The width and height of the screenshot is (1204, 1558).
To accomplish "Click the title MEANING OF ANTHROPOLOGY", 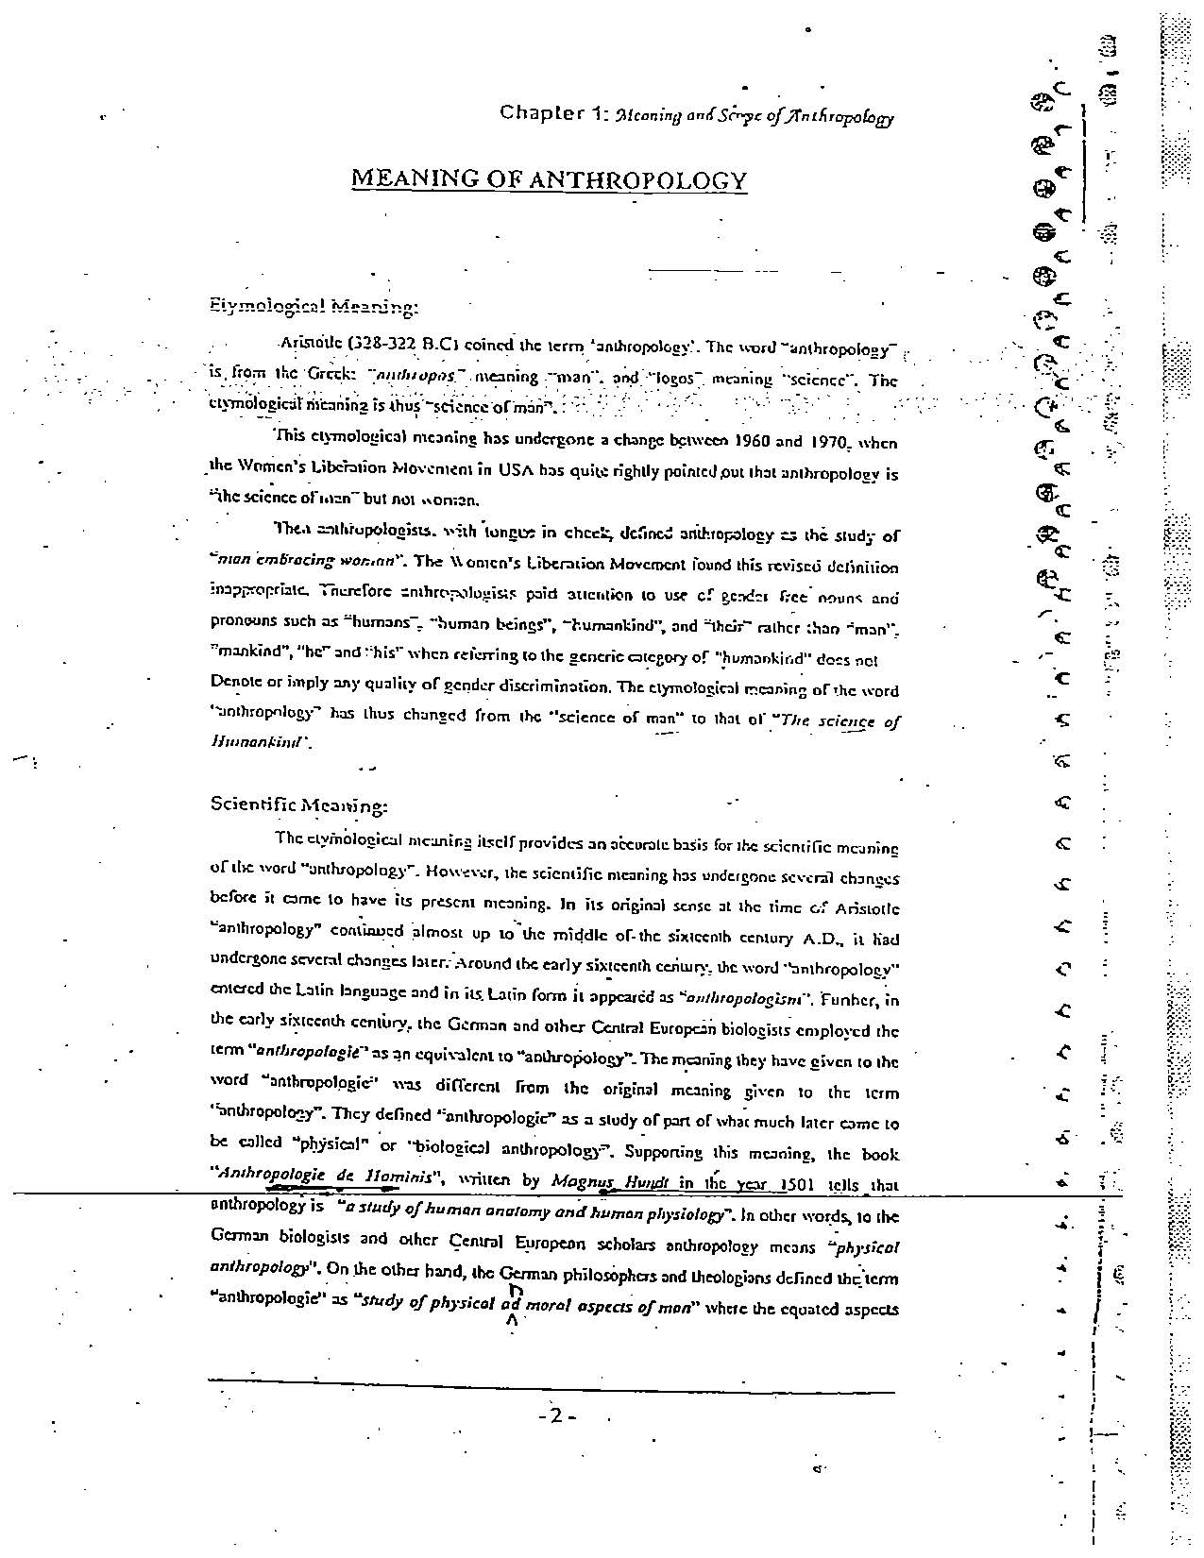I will (x=549, y=179).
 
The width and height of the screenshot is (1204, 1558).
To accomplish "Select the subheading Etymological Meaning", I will (x=313, y=307).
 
